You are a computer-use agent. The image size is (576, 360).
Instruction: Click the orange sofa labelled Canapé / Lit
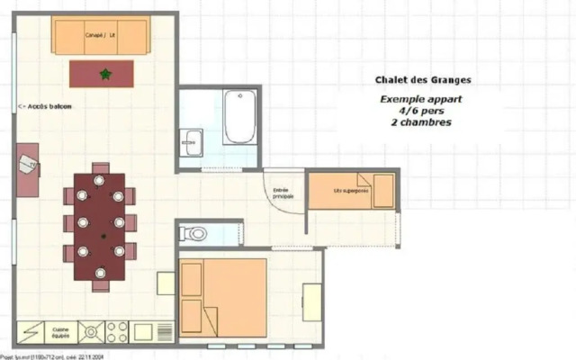pos(100,36)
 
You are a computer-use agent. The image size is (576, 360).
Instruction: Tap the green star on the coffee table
pos(105,74)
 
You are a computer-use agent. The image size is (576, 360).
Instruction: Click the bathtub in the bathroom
pos(240,116)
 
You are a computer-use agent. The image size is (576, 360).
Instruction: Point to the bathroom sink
pos(190,141)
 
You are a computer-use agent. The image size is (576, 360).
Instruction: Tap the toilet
pos(193,234)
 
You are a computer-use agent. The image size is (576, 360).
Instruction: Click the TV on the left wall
pos(29,166)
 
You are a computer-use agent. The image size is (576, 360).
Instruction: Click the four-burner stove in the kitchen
pos(117,331)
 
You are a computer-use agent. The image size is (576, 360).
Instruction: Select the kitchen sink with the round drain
pos(90,331)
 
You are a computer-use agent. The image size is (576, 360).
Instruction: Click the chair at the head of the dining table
pos(101,169)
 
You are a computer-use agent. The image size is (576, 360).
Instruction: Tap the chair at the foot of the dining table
pos(101,285)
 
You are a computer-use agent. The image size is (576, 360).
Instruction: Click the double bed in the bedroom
pos(223,294)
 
